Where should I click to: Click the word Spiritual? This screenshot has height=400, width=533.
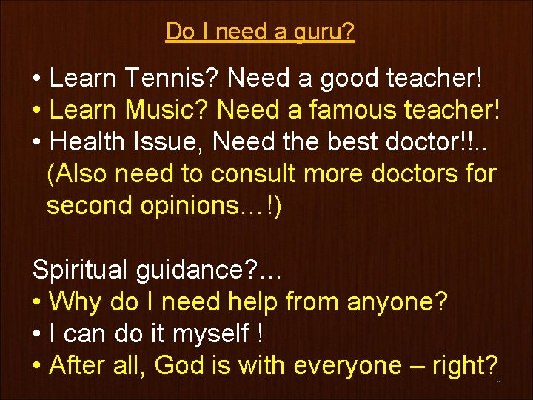(81, 270)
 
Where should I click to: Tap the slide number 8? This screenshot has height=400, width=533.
(499, 381)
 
